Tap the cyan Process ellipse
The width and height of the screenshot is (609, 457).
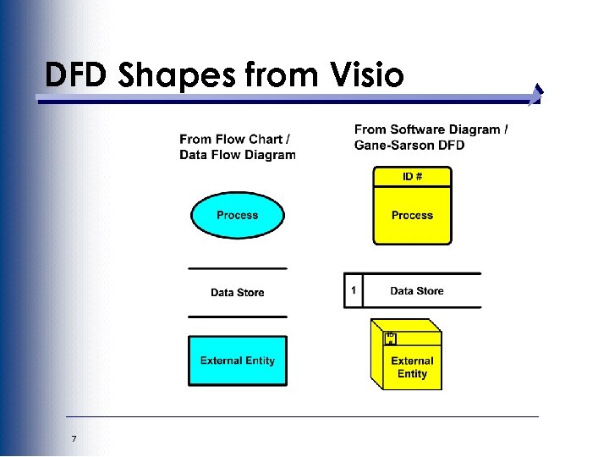pos(237,215)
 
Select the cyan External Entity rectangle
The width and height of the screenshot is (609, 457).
pos(237,361)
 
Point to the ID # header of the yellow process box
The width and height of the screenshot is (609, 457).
pos(412,176)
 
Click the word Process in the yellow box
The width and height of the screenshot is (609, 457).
pos(412,216)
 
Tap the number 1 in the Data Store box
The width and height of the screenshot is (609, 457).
pos(353,291)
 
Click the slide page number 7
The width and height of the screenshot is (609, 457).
pos(74,438)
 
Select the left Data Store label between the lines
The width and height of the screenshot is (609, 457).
pos(237,293)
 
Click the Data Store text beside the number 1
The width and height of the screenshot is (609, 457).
pos(416,291)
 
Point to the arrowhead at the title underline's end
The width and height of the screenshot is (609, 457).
pos(536,96)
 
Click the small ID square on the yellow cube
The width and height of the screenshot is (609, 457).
pos(390,339)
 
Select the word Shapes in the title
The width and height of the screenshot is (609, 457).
pos(178,76)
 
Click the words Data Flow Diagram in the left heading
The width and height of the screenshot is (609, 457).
pos(238,155)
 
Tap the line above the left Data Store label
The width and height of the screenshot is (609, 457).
pos(237,269)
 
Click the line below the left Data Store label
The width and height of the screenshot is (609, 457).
pos(237,317)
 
